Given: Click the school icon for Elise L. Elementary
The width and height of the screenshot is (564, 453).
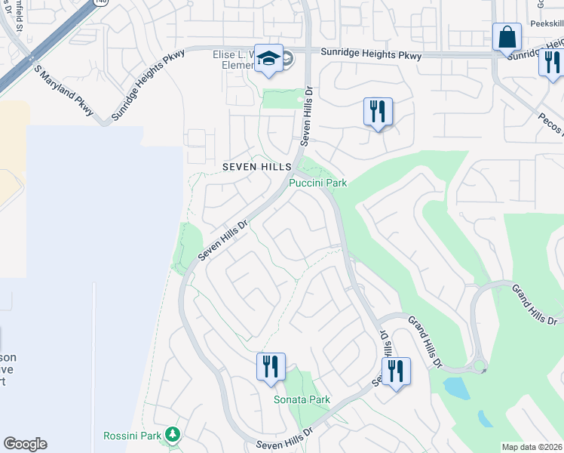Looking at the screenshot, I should pyautogui.click(x=268, y=58).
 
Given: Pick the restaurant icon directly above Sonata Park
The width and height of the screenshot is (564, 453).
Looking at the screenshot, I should pyautogui.click(x=270, y=366).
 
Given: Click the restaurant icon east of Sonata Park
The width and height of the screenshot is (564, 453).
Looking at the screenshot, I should pyautogui.click(x=395, y=370).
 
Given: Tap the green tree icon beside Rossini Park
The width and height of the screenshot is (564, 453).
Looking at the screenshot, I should pyautogui.click(x=173, y=434).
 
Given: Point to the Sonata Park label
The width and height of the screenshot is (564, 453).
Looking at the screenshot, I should pyautogui.click(x=302, y=399).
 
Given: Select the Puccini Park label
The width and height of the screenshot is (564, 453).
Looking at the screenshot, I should pyautogui.click(x=317, y=183).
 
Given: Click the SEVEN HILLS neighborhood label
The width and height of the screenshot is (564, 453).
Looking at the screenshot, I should pyautogui.click(x=256, y=166).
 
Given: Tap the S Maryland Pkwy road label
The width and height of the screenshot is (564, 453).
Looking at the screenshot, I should pyautogui.click(x=63, y=90).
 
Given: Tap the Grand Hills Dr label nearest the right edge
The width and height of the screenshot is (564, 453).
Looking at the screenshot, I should pyautogui.click(x=534, y=305).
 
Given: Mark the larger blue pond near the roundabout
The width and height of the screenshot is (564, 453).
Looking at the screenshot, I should pyautogui.click(x=456, y=388).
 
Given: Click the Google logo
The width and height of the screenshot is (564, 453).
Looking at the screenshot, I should pyautogui.click(x=25, y=444).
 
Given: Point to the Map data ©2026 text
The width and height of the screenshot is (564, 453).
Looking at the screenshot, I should pyautogui.click(x=532, y=447).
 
